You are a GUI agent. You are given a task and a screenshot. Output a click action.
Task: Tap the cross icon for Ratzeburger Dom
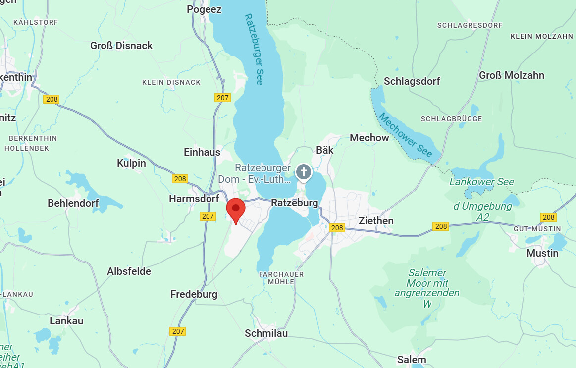tap(303, 172)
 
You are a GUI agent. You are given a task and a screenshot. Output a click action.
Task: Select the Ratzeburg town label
tap(294, 203)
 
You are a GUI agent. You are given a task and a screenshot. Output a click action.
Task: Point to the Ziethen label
tap(376, 221)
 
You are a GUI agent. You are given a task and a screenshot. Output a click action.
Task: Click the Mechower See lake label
tap(406, 135)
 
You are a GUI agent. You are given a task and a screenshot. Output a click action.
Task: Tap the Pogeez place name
tap(204, 9)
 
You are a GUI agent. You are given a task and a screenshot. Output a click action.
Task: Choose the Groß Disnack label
tap(121, 46)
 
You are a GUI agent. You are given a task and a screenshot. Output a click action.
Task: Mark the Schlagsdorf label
tap(412, 81)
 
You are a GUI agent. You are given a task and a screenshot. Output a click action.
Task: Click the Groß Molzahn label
tap(511, 75)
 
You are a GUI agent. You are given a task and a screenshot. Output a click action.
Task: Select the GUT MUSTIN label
tap(537, 229)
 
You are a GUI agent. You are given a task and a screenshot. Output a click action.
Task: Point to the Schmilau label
tap(266, 333)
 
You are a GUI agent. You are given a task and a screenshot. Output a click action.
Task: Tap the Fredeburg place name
tap(194, 294)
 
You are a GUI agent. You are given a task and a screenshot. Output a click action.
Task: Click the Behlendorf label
tap(73, 203)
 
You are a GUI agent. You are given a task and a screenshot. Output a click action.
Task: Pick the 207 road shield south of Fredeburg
tap(178, 331)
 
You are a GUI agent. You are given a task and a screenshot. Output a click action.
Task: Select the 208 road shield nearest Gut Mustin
tap(548, 217)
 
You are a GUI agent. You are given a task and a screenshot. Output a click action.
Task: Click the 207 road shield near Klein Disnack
tap(222, 98)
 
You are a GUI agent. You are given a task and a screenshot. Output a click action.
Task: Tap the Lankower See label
tap(481, 182)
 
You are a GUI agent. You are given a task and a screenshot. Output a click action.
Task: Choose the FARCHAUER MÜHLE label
tap(281, 278)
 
